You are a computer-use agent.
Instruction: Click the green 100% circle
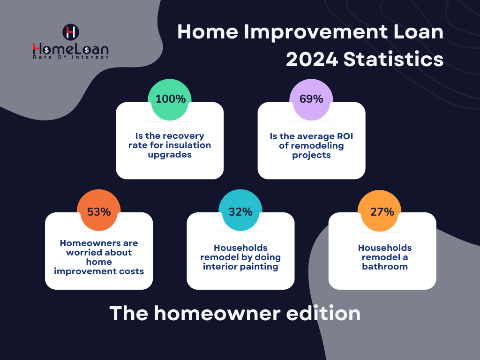point(170,99)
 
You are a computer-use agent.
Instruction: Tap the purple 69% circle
point(311,99)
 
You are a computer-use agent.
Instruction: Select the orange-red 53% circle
point(99,211)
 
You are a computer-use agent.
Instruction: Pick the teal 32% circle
point(240,211)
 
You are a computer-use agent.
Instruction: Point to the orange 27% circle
point(382,211)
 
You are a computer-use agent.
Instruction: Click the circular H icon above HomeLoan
point(70,32)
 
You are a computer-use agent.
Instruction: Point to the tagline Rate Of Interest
point(70,57)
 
